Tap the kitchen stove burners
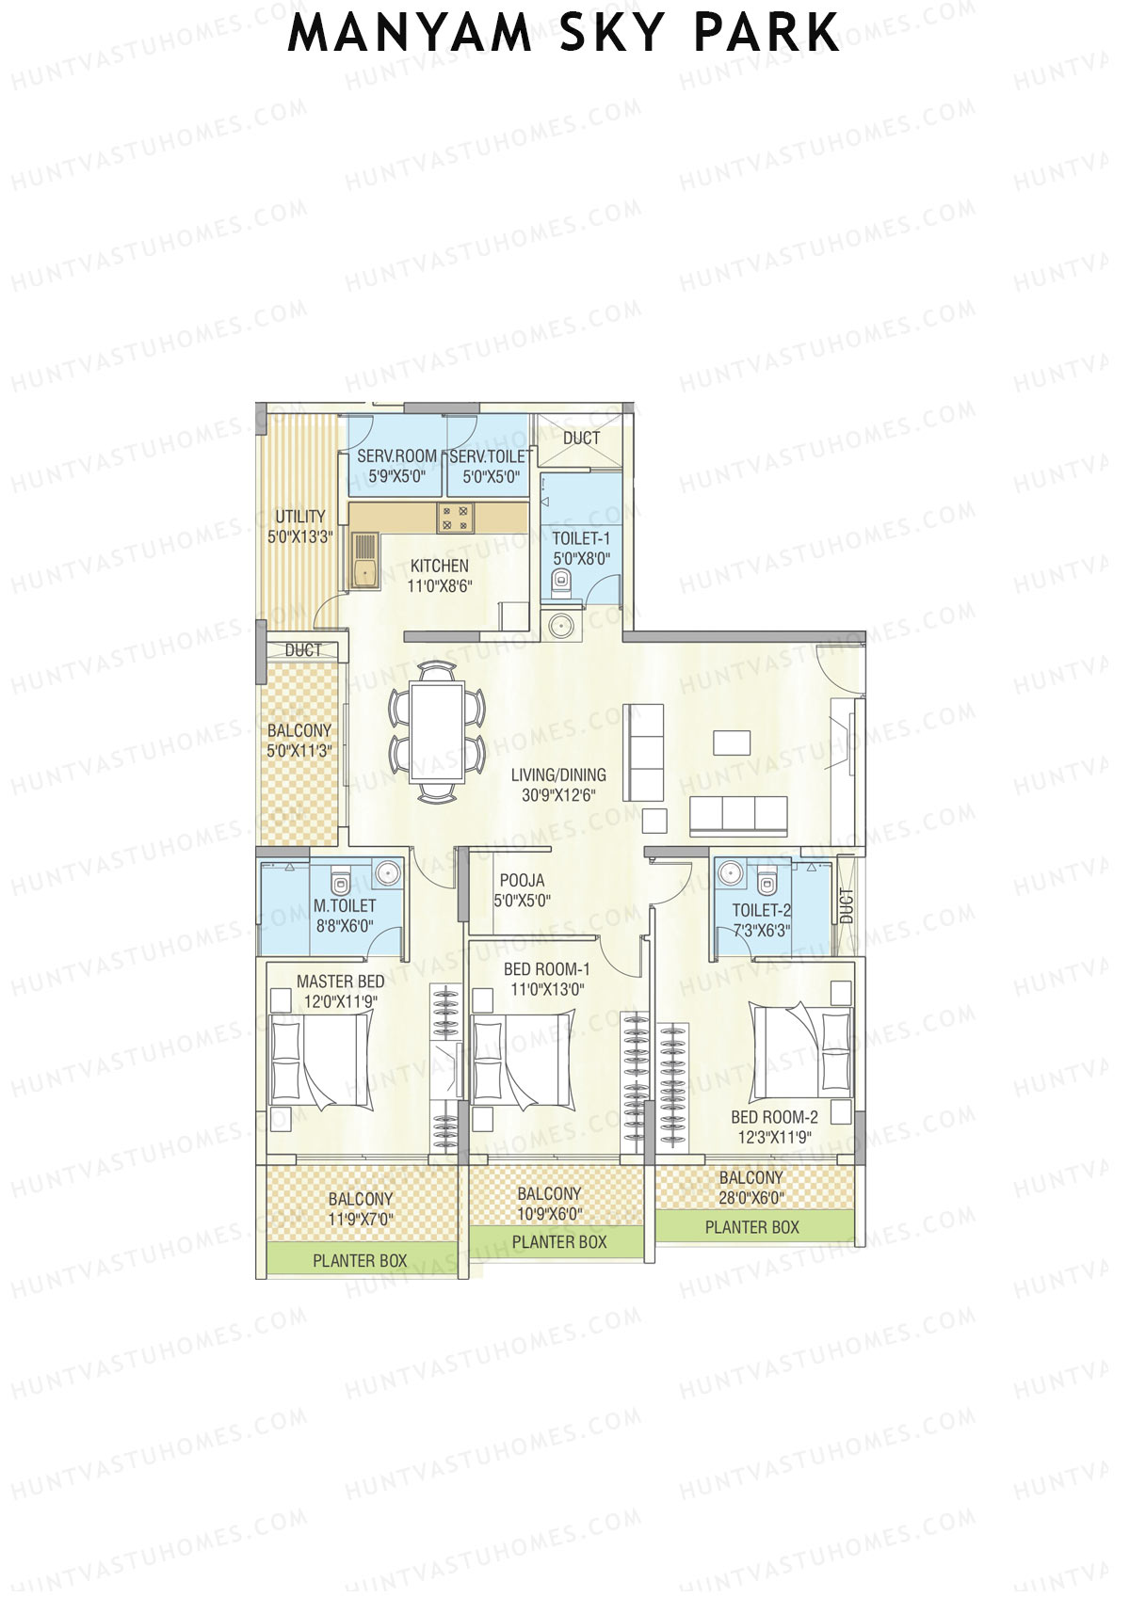click(x=456, y=518)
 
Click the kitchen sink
click(x=363, y=562)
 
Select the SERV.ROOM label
click(x=396, y=456)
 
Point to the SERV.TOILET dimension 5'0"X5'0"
click(x=491, y=477)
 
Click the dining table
click(x=437, y=732)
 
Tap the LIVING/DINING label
click(x=558, y=775)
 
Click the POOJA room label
click(x=522, y=881)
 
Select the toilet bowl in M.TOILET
click(x=341, y=883)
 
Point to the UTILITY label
click(x=299, y=517)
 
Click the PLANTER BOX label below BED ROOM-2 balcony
click(x=751, y=1227)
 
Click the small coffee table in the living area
click(x=732, y=743)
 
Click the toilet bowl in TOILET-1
click(x=562, y=589)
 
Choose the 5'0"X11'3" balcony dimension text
click(x=299, y=751)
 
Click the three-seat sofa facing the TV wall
click(x=739, y=815)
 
